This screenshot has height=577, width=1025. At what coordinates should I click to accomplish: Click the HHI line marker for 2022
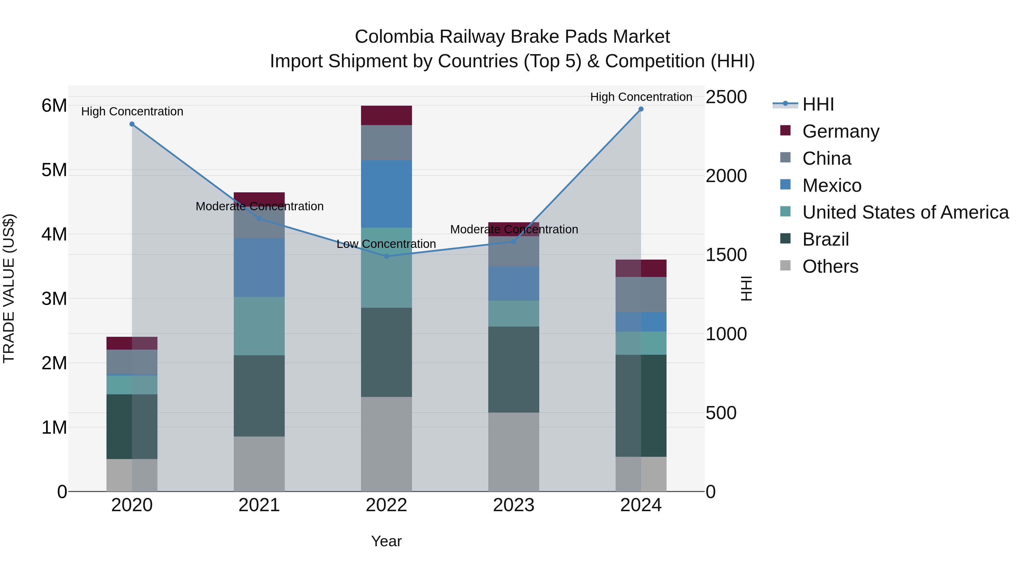386,256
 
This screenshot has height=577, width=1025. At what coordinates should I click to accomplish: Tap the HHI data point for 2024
641,109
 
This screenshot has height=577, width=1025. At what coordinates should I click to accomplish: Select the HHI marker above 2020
132,124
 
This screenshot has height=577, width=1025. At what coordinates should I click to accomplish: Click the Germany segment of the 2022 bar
386,115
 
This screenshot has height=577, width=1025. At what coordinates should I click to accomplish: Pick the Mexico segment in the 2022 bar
386,194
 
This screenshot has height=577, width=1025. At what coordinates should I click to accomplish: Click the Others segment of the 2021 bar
259,464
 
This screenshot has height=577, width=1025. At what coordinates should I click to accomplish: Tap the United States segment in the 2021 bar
259,326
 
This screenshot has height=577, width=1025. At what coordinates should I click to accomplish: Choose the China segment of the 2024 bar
641,294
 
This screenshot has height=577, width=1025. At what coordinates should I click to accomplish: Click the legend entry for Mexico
832,185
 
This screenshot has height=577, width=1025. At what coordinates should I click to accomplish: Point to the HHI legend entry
818,104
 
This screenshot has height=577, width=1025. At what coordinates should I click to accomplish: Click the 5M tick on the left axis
54,170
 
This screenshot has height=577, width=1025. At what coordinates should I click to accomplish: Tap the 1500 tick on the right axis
726,255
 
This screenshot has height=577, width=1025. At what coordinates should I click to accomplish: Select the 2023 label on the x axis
513,505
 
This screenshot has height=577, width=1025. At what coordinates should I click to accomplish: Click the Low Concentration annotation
386,244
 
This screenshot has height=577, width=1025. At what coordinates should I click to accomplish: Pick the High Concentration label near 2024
641,97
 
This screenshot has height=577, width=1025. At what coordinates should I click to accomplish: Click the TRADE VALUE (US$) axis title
9,288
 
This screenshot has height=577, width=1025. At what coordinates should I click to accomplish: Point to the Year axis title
386,541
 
